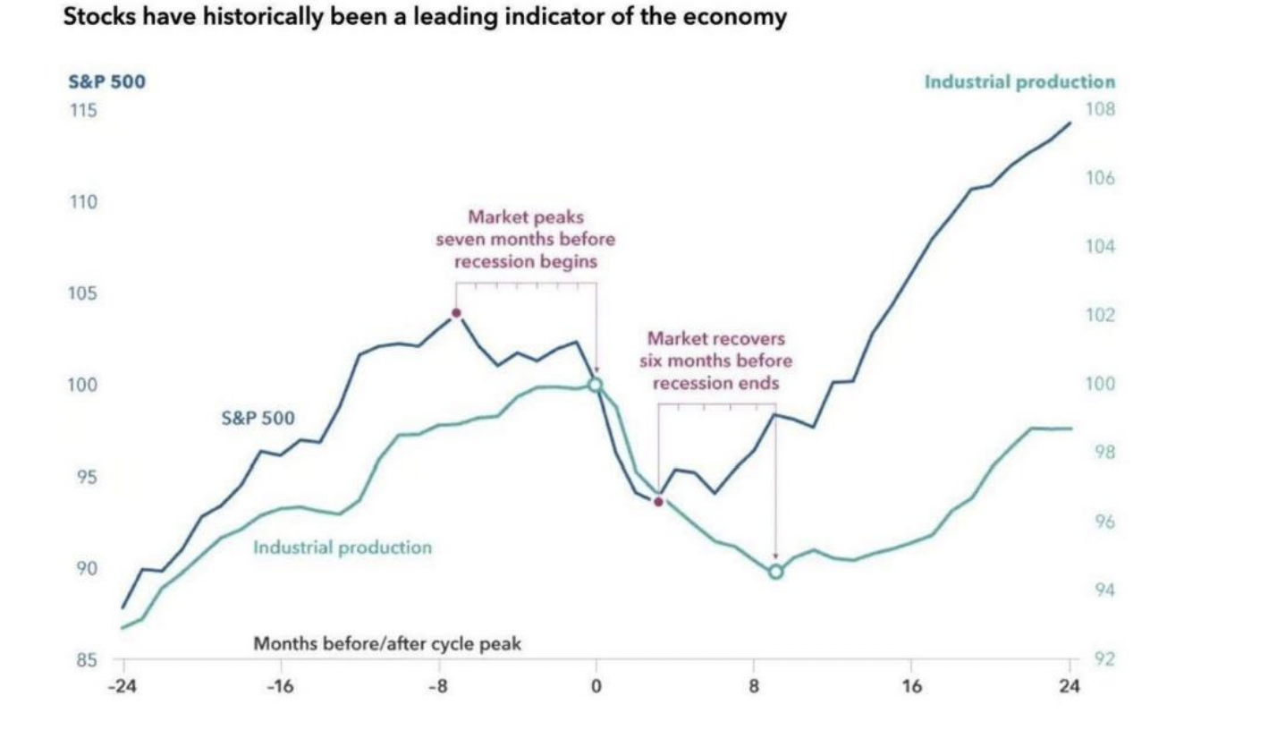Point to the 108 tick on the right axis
pyautogui.click(x=1101, y=110)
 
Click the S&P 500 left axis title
pyautogui.click(x=106, y=82)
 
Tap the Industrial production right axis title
pyautogui.click(x=1019, y=82)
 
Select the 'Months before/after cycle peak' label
pyautogui.click(x=387, y=643)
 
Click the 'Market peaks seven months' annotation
pyautogui.click(x=525, y=240)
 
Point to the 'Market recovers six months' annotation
pyautogui.click(x=715, y=361)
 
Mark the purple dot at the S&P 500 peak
pyautogui.click(x=456, y=313)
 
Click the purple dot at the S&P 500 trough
pyautogui.click(x=658, y=502)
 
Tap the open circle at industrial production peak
pyautogui.click(x=596, y=385)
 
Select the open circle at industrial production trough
pyautogui.click(x=775, y=572)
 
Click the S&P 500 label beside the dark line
pyautogui.click(x=258, y=417)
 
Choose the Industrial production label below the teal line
pyautogui.click(x=343, y=547)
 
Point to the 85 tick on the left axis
pyautogui.click(x=85, y=661)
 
